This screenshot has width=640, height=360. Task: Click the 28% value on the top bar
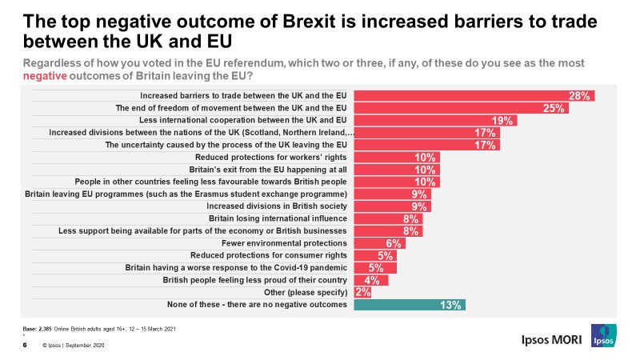click(579, 96)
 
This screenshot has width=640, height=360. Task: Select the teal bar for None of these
click(409, 305)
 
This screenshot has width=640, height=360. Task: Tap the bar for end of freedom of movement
click(460, 108)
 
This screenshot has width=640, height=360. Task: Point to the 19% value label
click(503, 121)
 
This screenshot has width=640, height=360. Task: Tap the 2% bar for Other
click(362, 292)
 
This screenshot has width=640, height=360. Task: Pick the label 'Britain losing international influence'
click(278, 218)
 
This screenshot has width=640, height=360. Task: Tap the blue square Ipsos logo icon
click(604, 337)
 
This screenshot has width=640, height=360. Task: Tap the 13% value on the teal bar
click(450, 305)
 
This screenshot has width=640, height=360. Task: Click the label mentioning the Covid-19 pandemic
click(236, 267)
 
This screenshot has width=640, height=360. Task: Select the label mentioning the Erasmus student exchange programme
click(186, 194)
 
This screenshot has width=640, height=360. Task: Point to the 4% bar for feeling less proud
click(370, 280)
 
